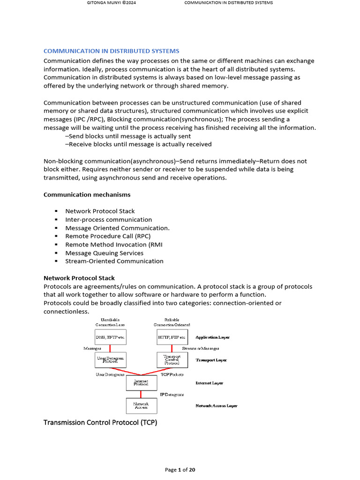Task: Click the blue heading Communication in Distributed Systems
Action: point(111,51)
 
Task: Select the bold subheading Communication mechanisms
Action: point(87,194)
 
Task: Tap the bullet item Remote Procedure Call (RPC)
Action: point(108,236)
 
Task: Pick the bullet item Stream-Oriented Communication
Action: point(114,261)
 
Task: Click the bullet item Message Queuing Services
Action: point(104,253)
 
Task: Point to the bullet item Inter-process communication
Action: point(108,219)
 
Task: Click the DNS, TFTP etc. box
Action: point(110,337)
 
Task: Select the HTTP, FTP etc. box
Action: point(172,337)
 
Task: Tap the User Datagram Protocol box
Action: point(110,360)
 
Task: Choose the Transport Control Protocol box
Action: point(172,360)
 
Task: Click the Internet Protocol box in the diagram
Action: point(141,383)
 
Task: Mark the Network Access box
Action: point(141,405)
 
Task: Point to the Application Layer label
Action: point(212,337)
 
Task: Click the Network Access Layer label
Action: point(216,405)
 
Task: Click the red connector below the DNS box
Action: point(110,348)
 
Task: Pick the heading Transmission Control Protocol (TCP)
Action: point(100,423)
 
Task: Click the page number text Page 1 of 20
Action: point(180,470)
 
